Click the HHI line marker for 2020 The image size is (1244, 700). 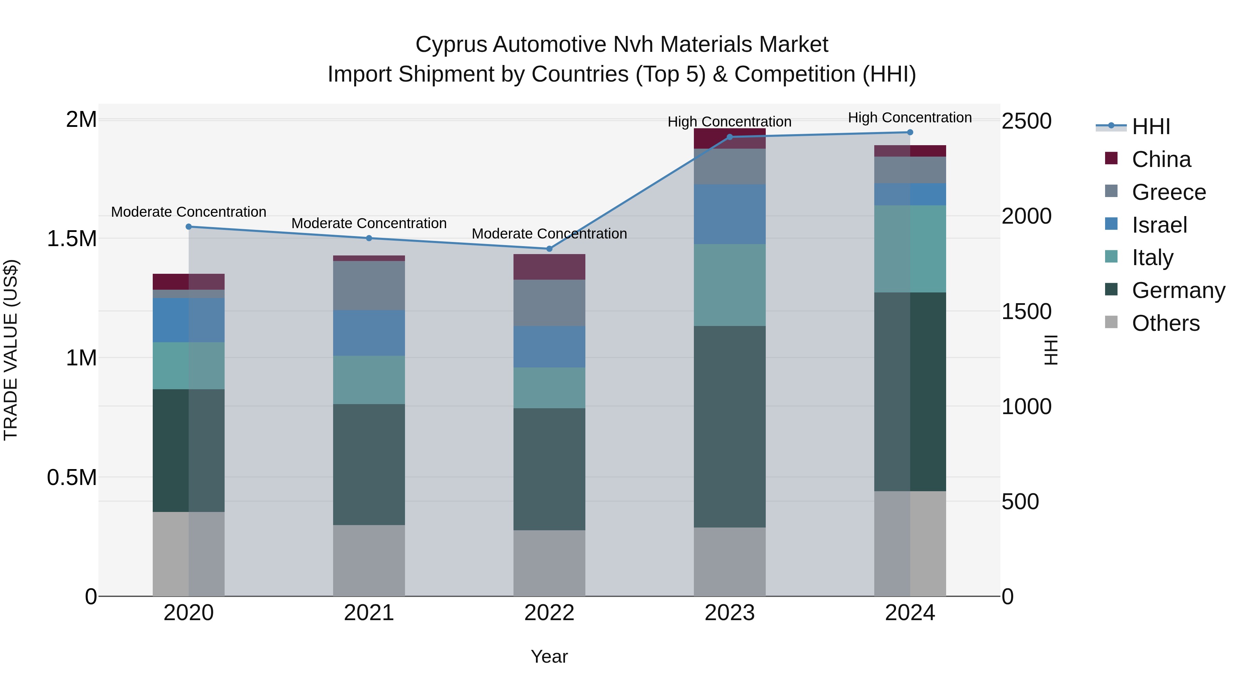pos(189,226)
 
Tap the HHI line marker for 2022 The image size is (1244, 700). pos(549,249)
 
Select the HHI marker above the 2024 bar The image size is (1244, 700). pos(910,132)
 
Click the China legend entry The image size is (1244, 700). pos(1161,159)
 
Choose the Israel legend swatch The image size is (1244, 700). pos(1111,224)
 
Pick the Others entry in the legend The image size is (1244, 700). pos(1165,323)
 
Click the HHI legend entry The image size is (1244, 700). pos(1151,127)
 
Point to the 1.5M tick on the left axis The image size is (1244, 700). pos(72,239)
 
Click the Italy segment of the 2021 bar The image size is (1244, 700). pos(369,380)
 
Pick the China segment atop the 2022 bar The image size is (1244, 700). pos(549,267)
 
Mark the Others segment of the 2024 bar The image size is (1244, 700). pos(910,543)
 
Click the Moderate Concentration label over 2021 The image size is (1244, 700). pos(369,223)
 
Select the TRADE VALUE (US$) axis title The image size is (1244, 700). pos(11,350)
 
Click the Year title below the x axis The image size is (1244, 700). pos(549,656)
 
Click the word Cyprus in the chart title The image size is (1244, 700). pos(451,45)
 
